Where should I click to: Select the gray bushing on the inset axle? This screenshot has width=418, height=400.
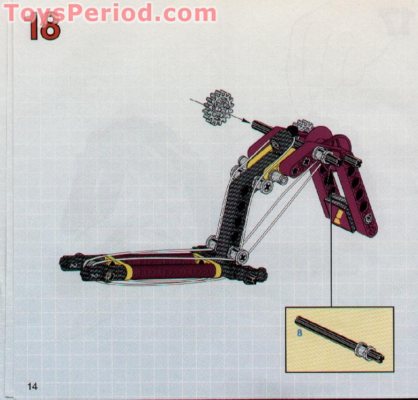click(x=364, y=351)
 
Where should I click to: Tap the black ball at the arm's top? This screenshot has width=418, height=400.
click(x=292, y=130)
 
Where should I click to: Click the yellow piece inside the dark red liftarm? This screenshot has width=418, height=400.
click(x=339, y=216)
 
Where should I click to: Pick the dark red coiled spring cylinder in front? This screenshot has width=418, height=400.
click(x=161, y=268)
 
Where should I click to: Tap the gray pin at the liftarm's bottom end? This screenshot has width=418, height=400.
click(x=368, y=218)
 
